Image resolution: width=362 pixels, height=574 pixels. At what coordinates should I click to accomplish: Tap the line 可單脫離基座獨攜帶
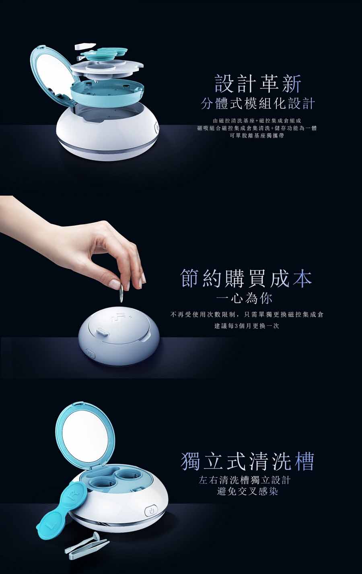click(x=257, y=136)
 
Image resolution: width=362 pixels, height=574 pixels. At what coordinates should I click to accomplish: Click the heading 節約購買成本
click(x=246, y=279)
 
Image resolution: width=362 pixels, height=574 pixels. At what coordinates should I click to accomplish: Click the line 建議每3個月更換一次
click(x=246, y=326)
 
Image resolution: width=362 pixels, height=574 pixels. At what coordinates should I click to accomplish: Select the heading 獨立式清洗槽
click(x=247, y=462)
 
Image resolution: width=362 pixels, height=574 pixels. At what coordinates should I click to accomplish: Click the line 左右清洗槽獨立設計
click(x=245, y=480)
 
